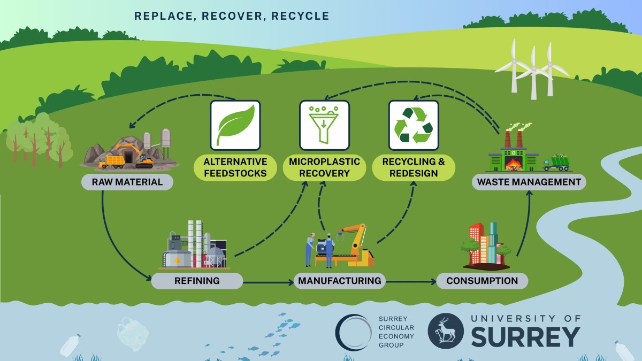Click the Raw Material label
(x=127, y=182)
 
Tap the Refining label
(x=197, y=281)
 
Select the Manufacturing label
(x=340, y=281)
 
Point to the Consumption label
(x=482, y=281)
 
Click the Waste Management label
(x=529, y=182)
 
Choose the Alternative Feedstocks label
(x=235, y=167)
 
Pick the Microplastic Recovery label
(x=324, y=167)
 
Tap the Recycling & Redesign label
(x=414, y=167)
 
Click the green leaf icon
(x=235, y=125)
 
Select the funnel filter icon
(x=324, y=125)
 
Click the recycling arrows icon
(x=413, y=125)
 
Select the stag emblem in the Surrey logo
(x=446, y=332)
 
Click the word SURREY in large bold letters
(x=525, y=337)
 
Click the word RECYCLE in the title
(x=300, y=16)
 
